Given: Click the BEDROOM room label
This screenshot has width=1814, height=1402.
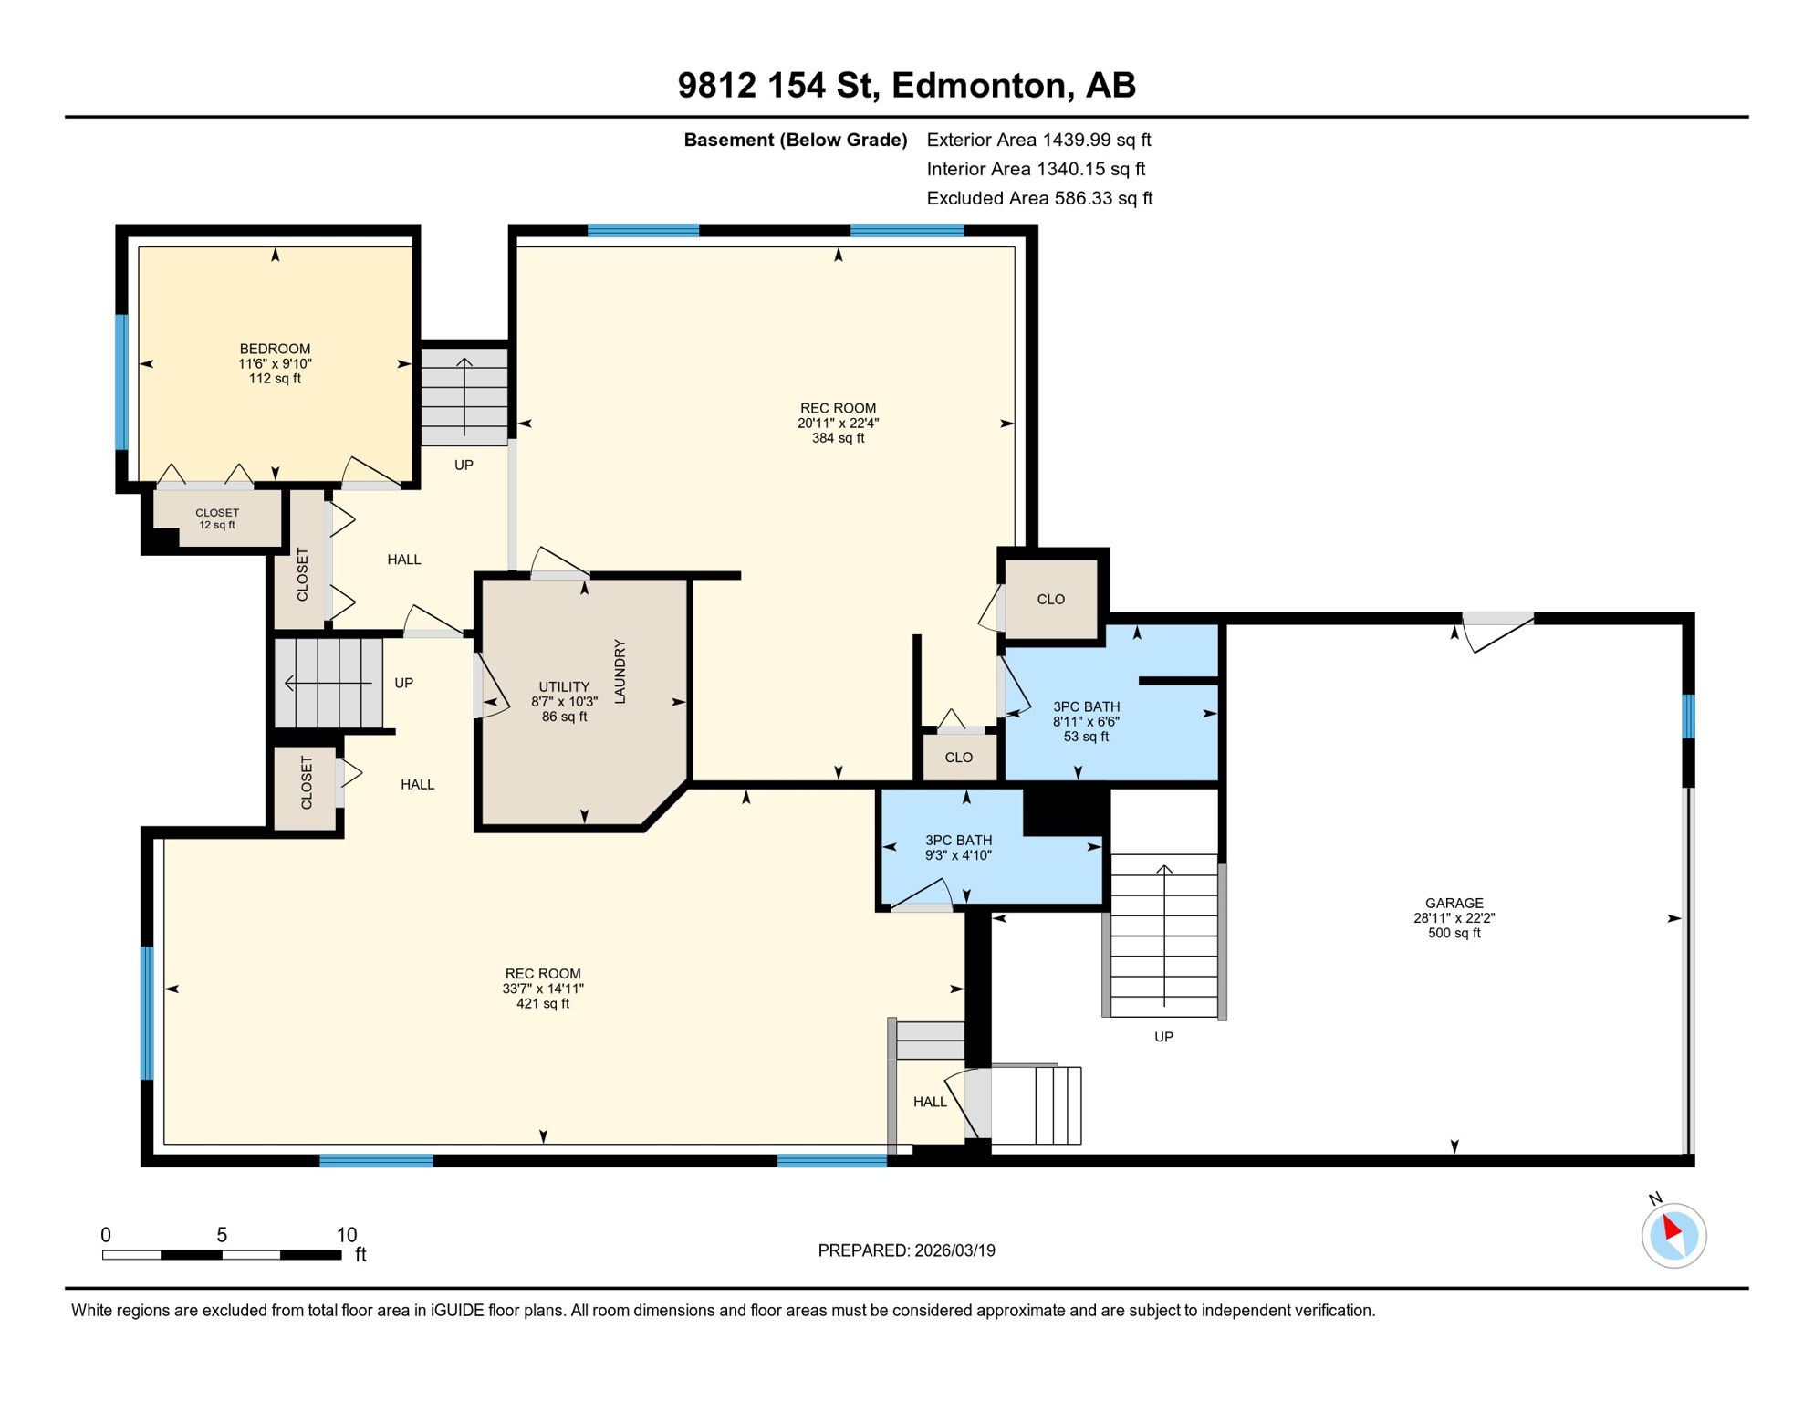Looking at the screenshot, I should pos(275,350).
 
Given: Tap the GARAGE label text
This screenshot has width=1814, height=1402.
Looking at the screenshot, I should pos(1454,904).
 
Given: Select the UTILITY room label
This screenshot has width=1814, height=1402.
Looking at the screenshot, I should pos(564,687).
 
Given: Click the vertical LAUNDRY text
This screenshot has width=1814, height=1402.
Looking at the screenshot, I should pos(620,672).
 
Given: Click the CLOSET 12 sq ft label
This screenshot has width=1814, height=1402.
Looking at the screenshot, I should pos(217,518).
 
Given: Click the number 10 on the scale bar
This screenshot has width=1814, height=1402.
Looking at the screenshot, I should pos(346,1235).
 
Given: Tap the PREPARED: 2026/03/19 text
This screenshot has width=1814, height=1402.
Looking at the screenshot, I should pos(906,1250).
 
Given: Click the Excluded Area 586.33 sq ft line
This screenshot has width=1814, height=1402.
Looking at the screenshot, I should pos(1039,198).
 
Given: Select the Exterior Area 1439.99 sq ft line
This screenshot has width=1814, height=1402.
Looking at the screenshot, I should pos(1038,140).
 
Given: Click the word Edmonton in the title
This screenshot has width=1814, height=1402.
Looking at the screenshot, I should pos(979,85).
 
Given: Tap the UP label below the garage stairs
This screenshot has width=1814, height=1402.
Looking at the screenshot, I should pos(1163,1037).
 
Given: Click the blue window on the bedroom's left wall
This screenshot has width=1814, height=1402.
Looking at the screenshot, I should pos(121,382).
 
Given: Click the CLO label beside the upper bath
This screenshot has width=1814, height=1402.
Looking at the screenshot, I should pos(1050,600).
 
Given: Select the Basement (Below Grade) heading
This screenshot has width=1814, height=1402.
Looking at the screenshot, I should pos(795,140).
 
